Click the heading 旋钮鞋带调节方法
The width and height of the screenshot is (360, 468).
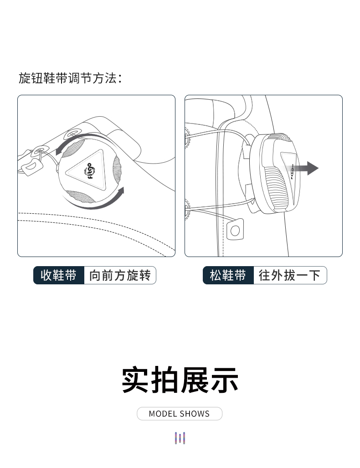[x=71, y=78]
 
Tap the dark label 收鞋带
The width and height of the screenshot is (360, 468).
[x=59, y=275]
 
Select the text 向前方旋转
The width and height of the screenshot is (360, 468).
[x=120, y=275]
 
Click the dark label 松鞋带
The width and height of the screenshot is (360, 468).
[x=228, y=275]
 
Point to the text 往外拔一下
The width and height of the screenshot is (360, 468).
[x=289, y=275]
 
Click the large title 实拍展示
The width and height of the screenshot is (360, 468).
[x=180, y=380]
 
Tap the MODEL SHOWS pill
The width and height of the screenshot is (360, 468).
[x=180, y=414]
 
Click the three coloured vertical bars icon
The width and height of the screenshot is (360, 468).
[x=180, y=438]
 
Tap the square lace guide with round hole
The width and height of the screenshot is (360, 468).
[x=235, y=230]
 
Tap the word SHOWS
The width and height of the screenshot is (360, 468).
[x=195, y=414]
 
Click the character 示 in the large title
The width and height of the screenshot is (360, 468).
[x=225, y=380]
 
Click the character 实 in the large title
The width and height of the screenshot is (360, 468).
[x=135, y=380]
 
